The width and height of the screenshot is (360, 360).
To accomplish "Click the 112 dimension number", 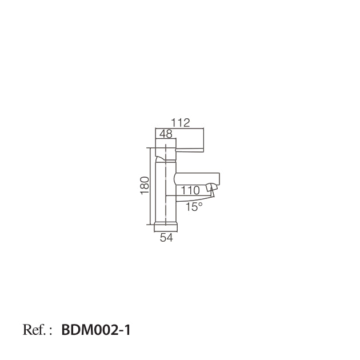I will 180,122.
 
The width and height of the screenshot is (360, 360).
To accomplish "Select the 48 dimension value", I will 166,134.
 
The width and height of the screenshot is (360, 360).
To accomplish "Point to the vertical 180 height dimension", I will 145,185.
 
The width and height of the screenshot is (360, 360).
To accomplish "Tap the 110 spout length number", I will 190,190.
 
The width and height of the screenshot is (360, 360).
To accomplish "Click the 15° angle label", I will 194,207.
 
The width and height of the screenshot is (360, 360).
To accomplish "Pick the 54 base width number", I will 166,238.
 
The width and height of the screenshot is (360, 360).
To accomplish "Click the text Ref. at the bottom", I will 35,330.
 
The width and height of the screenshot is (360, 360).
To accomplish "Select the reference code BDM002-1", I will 96,330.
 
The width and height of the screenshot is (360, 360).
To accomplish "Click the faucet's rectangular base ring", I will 166,227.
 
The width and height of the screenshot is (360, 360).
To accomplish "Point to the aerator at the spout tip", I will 211,187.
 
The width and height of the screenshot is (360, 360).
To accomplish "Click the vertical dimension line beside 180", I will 151,185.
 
